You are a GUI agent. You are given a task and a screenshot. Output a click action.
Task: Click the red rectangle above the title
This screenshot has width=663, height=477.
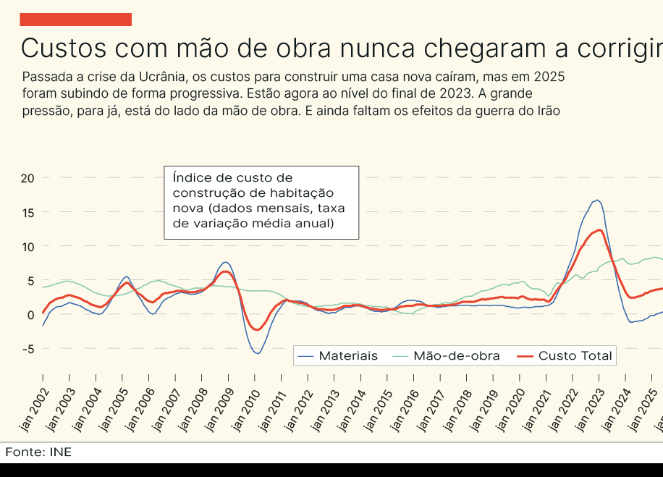[75, 20]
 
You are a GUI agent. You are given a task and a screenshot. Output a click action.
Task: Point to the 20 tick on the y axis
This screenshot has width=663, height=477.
[28, 178]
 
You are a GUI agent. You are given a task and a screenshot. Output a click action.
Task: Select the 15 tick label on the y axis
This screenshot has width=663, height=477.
[28, 212]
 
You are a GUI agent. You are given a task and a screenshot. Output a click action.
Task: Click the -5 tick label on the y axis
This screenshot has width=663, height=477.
[28, 349]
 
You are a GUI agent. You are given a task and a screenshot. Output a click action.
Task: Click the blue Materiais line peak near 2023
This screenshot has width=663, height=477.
[596, 200]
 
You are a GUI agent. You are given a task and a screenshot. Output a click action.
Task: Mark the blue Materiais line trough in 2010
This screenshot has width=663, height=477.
[257, 353]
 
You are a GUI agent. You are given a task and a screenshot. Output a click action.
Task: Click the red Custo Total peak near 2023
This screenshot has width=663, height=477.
[599, 230]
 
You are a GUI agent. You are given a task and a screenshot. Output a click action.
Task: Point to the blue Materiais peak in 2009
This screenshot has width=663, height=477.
[226, 262]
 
